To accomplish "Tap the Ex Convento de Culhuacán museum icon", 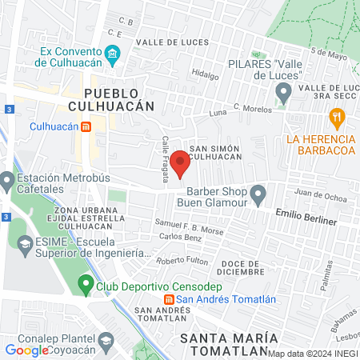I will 113,54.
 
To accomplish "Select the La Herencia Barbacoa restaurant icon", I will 338,119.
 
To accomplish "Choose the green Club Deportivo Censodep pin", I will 86,285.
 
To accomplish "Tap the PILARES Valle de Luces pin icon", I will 282,94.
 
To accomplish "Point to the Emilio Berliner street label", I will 306,214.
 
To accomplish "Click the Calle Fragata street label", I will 166,159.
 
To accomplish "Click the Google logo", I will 26,350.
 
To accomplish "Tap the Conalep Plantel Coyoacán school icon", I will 105,340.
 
